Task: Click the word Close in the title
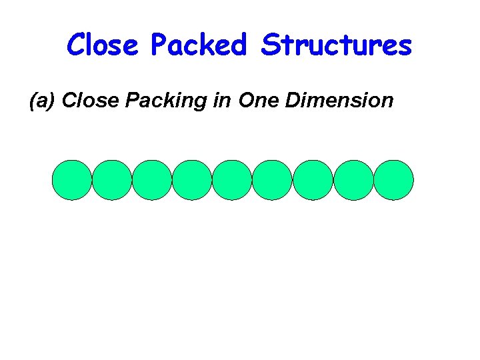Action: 103,45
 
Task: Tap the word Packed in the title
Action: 198,45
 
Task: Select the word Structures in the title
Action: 337,45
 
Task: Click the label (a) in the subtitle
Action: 41,101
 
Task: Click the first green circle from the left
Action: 72,180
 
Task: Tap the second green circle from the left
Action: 112,180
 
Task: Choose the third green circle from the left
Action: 152,180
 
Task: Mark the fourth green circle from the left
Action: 192,180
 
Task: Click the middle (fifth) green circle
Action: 232,180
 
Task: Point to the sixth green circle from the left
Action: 272,180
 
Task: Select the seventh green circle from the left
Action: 313,180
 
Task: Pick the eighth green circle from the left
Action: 353,180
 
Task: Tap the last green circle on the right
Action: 393,180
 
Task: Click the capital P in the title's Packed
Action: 159,45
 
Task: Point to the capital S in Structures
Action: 270,45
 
